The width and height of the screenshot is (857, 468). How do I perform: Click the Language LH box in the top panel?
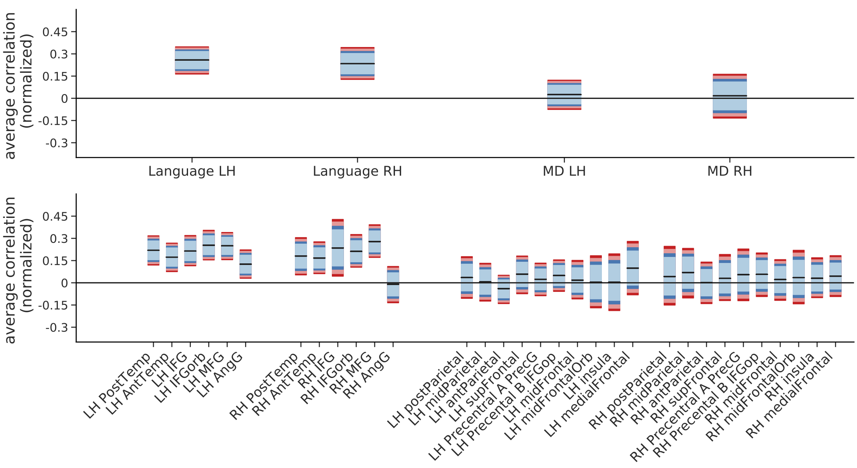tap(192, 60)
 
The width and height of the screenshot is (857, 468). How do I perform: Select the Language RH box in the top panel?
tap(358, 64)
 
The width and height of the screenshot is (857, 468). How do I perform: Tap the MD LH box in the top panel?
tap(564, 94)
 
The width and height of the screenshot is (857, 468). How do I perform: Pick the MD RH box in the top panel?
tap(730, 96)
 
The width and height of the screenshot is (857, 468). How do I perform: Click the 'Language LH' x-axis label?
tap(192, 171)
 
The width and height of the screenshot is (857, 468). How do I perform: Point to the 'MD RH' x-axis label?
tap(730, 171)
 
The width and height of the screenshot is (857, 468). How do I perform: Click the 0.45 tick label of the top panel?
tap(55, 32)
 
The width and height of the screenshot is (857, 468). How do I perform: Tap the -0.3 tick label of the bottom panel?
tap(57, 328)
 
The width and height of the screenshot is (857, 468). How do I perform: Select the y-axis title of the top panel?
tap(18, 85)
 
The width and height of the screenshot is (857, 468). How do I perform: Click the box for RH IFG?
tap(338, 248)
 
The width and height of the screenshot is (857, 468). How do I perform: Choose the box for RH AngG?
tap(393, 284)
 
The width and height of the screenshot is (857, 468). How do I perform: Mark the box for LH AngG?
tap(245, 264)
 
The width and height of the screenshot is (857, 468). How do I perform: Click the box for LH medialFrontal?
tap(633, 268)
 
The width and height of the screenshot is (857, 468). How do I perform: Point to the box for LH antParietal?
tap(503, 289)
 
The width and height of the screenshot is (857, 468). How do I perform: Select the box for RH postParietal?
tap(670, 276)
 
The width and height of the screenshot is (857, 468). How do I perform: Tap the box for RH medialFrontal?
tap(836, 276)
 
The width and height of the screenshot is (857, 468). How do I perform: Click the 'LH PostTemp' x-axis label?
tap(117, 386)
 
